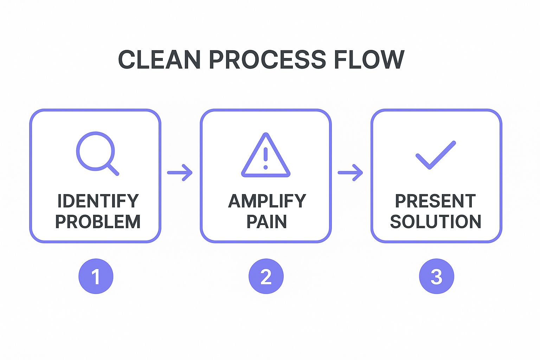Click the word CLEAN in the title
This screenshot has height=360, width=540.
tap(159, 60)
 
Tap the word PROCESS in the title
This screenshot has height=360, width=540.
tap(267, 60)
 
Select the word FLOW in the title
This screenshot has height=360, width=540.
tap(369, 60)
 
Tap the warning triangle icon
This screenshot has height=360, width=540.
tap(266, 155)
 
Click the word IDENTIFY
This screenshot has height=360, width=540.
tap(98, 201)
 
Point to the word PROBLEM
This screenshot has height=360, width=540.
tap(98, 222)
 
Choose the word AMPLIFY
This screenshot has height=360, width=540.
tap(267, 201)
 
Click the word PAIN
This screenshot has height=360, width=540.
tap(266, 222)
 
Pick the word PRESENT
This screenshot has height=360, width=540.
tap(435, 201)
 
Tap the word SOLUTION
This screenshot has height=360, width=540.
tap(435, 222)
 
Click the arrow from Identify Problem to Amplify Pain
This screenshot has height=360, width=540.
tap(180, 173)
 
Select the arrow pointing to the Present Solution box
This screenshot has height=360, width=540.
tap(350, 173)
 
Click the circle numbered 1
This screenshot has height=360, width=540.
tap(96, 276)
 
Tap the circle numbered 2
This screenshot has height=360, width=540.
tap(266, 276)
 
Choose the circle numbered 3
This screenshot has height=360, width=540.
tap(436, 276)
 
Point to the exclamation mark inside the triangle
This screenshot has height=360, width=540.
tap(266, 158)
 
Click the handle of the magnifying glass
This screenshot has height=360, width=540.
tap(113, 169)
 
